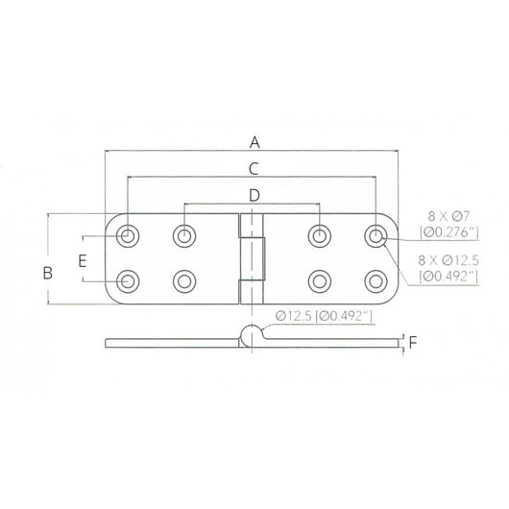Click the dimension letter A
(254, 142)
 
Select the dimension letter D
(254, 196)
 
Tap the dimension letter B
(46, 273)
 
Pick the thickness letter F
(412, 341)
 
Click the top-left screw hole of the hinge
(128, 235)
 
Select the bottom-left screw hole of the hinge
(128, 280)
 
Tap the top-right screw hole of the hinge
(375, 235)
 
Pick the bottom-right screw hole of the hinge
(375, 280)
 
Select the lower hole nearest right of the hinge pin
(320, 280)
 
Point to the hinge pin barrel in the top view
(251, 258)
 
